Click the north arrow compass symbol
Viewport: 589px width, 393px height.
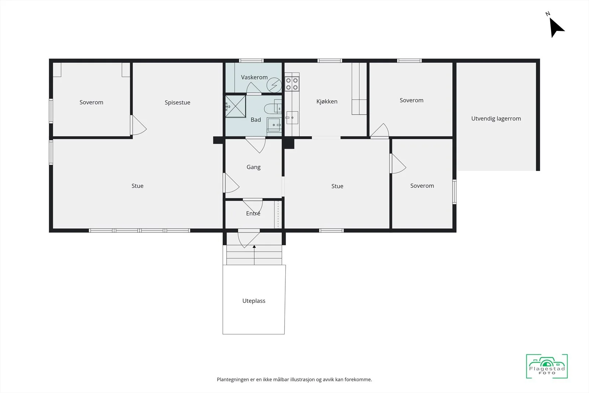[x=556, y=26]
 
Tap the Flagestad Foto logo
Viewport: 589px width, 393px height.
[x=547, y=366]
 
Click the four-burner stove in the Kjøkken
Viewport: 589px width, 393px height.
[x=292, y=84]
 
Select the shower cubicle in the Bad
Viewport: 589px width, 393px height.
[x=236, y=106]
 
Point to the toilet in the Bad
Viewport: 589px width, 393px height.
[x=273, y=108]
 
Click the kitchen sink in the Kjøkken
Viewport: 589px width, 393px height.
[x=292, y=117]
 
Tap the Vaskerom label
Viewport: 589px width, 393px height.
[x=254, y=77]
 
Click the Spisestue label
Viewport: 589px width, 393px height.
[x=177, y=102]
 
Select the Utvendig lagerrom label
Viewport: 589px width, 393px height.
[x=496, y=119]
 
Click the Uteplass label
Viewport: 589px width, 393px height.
[x=254, y=301]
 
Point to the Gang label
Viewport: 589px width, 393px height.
[x=254, y=167]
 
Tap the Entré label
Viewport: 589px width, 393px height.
[x=253, y=213]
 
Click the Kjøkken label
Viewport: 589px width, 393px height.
[x=327, y=102]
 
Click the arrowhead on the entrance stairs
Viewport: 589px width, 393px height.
[x=254, y=246]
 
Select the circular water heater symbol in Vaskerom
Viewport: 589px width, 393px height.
[x=274, y=85]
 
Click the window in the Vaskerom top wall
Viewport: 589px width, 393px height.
[x=251, y=61]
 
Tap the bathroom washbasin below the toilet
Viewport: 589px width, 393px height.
[x=274, y=125]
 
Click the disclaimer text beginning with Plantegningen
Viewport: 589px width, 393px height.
[x=294, y=380]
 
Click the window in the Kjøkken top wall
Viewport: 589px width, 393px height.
[x=330, y=61]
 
